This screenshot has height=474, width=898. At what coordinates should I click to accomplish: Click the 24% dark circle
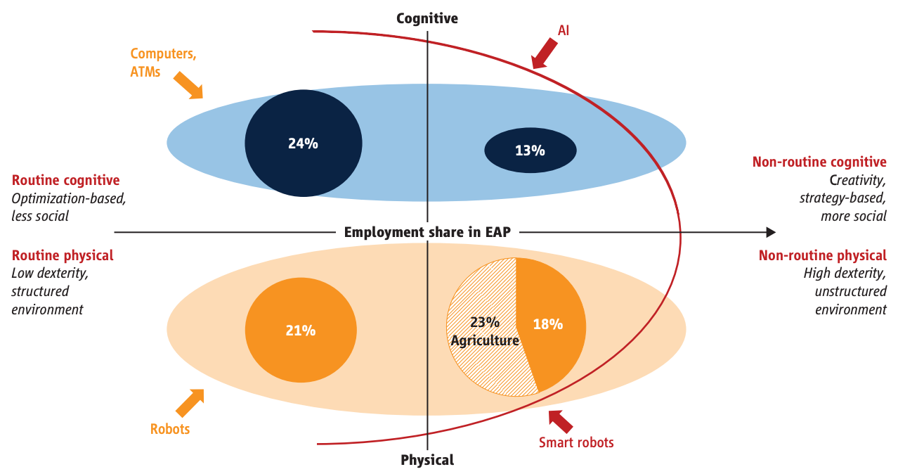point(303,143)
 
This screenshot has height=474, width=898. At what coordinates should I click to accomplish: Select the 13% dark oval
point(531,149)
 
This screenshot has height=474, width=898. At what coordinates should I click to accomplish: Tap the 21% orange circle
point(301,330)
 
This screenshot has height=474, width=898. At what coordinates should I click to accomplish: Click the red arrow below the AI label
point(545,55)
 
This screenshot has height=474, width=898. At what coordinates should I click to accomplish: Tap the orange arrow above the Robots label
point(189,403)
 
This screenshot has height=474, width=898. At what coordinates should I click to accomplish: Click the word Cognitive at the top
point(427,18)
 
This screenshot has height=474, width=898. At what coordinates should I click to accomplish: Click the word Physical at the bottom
point(427,460)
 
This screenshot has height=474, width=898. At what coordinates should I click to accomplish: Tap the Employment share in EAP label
point(427,232)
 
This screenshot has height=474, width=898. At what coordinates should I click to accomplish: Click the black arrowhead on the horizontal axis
point(770,232)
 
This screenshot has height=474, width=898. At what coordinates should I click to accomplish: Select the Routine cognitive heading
point(65,181)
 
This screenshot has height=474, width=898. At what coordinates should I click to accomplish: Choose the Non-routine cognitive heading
point(819,162)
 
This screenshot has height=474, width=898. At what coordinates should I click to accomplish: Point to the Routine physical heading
point(63,255)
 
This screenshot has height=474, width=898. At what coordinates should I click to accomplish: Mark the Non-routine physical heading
point(822,255)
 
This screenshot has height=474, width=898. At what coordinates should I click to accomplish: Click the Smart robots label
point(576,442)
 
